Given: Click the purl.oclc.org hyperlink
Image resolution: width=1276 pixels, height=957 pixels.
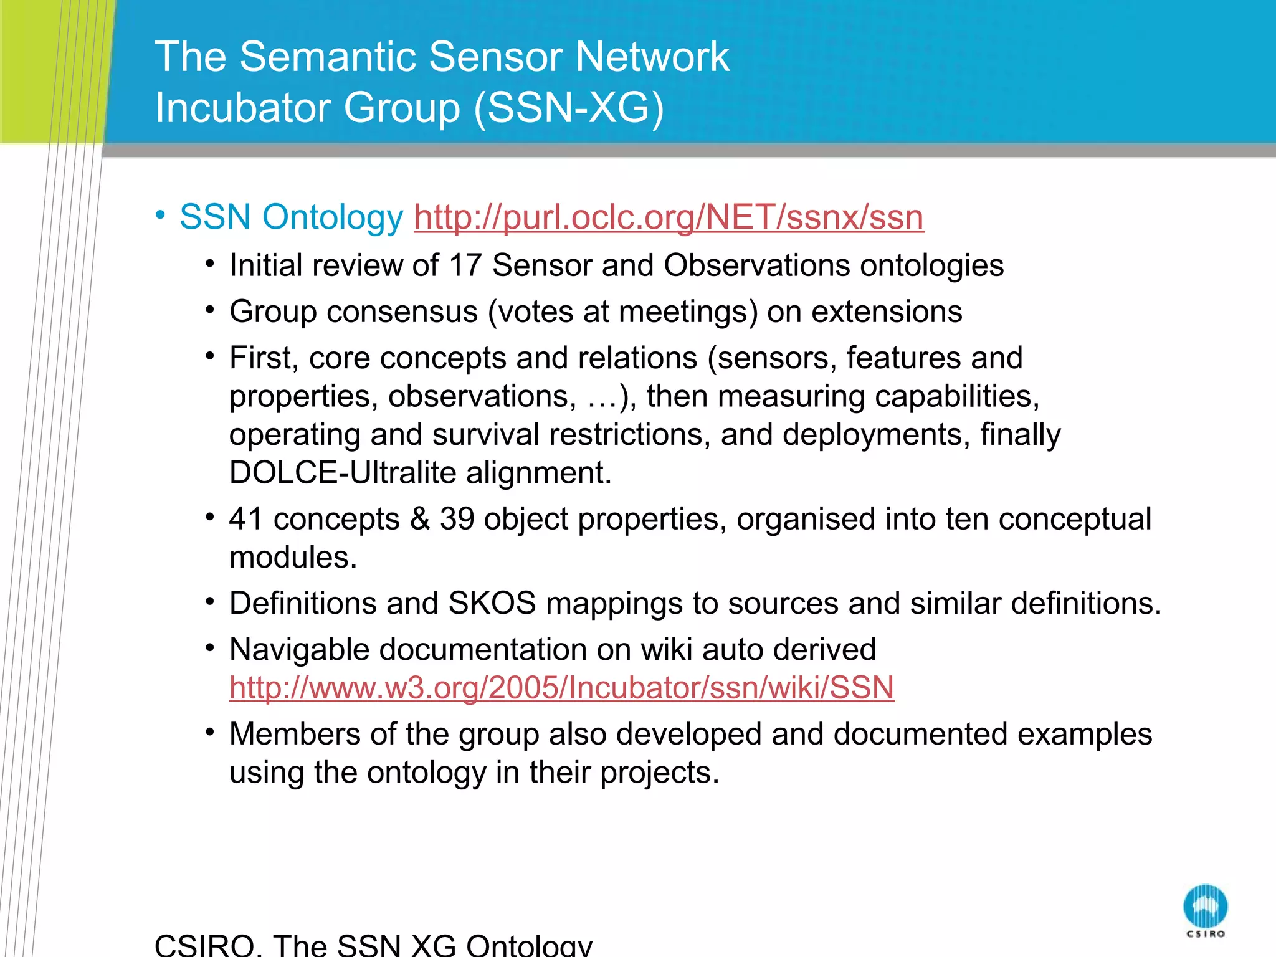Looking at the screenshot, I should [x=669, y=217].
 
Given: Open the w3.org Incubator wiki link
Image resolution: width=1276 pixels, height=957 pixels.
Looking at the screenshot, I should [x=561, y=688].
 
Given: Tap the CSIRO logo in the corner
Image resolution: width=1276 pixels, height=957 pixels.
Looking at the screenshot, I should [x=1205, y=909].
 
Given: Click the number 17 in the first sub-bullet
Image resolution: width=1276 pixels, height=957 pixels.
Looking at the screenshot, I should [x=465, y=265].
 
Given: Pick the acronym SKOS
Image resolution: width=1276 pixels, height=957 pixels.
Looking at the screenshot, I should [x=492, y=603].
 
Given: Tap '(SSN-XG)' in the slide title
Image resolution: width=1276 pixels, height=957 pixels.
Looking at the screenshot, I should [x=569, y=107].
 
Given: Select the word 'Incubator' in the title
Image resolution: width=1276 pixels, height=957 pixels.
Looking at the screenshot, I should [x=243, y=107].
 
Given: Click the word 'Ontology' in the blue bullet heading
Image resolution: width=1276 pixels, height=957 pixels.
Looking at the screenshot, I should [x=333, y=217].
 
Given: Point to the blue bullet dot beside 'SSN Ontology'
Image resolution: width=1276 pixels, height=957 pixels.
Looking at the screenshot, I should [x=161, y=215].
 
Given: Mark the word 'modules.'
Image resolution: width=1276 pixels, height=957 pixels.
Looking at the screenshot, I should [x=293, y=557].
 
